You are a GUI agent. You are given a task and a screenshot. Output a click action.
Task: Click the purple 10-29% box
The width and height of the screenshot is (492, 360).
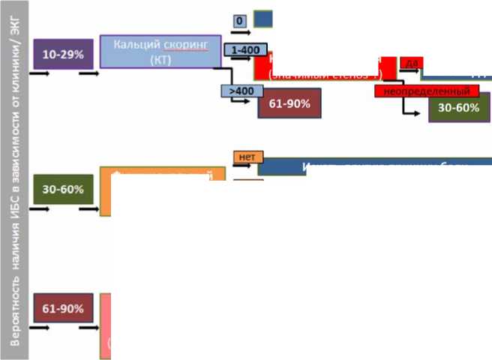coord(63,55)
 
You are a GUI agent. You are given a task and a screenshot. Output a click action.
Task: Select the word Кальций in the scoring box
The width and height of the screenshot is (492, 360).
coord(137,44)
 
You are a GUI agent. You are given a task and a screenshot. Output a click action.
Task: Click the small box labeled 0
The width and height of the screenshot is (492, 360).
coord(240,21)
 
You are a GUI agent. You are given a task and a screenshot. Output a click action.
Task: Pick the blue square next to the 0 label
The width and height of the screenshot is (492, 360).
coord(263,19)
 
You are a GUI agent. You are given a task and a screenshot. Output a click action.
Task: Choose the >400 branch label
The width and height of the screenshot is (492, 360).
coord(241,91)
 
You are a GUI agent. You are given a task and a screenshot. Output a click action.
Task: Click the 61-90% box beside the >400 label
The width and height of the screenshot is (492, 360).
coord(289,104)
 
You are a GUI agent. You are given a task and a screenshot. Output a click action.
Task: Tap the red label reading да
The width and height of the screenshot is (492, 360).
coord(412,63)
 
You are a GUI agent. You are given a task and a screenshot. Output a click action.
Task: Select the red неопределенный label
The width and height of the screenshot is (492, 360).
coord(427,91)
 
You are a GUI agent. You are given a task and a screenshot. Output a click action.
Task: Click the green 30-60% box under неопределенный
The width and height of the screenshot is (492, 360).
coord(459,108)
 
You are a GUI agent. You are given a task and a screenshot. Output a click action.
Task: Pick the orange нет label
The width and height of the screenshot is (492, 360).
coord(245,157)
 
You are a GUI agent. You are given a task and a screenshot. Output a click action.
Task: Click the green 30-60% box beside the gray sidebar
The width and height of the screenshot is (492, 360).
coord(63,189)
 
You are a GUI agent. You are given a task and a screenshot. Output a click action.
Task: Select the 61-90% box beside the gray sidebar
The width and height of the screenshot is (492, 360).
coord(63,308)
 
